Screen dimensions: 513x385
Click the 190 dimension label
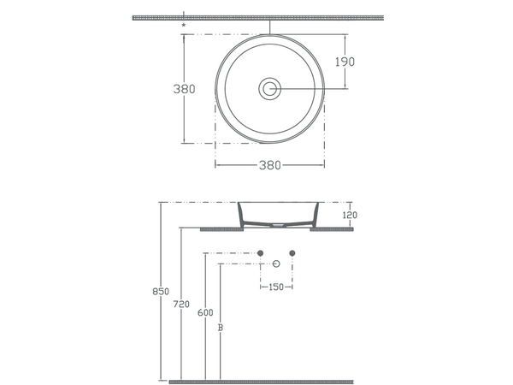(345, 62)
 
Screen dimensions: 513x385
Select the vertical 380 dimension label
(184, 89)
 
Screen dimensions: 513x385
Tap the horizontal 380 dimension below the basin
(270, 165)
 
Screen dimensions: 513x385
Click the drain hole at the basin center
(270, 89)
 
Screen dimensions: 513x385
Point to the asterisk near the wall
(184, 25)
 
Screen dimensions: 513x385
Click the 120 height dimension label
(350, 215)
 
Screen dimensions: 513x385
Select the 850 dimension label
(161, 292)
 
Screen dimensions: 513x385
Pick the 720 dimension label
(181, 305)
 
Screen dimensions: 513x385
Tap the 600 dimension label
(205, 312)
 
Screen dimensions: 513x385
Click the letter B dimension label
(221, 328)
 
